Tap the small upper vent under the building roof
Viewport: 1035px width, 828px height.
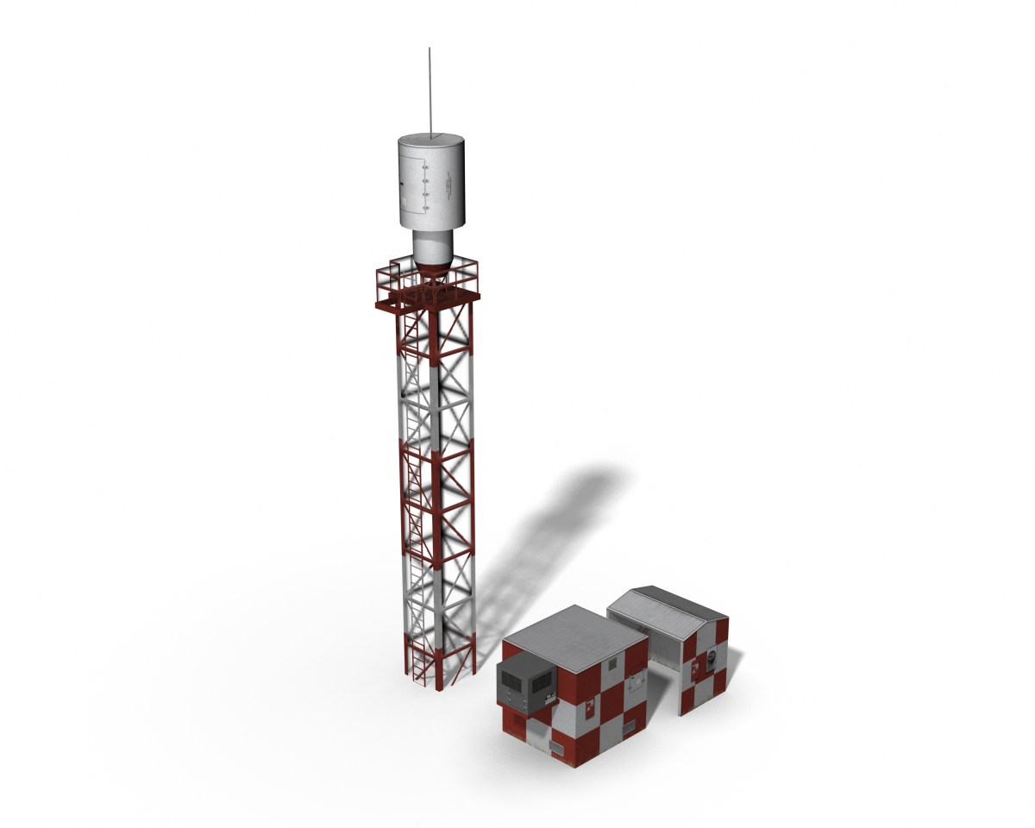point(612,664)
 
